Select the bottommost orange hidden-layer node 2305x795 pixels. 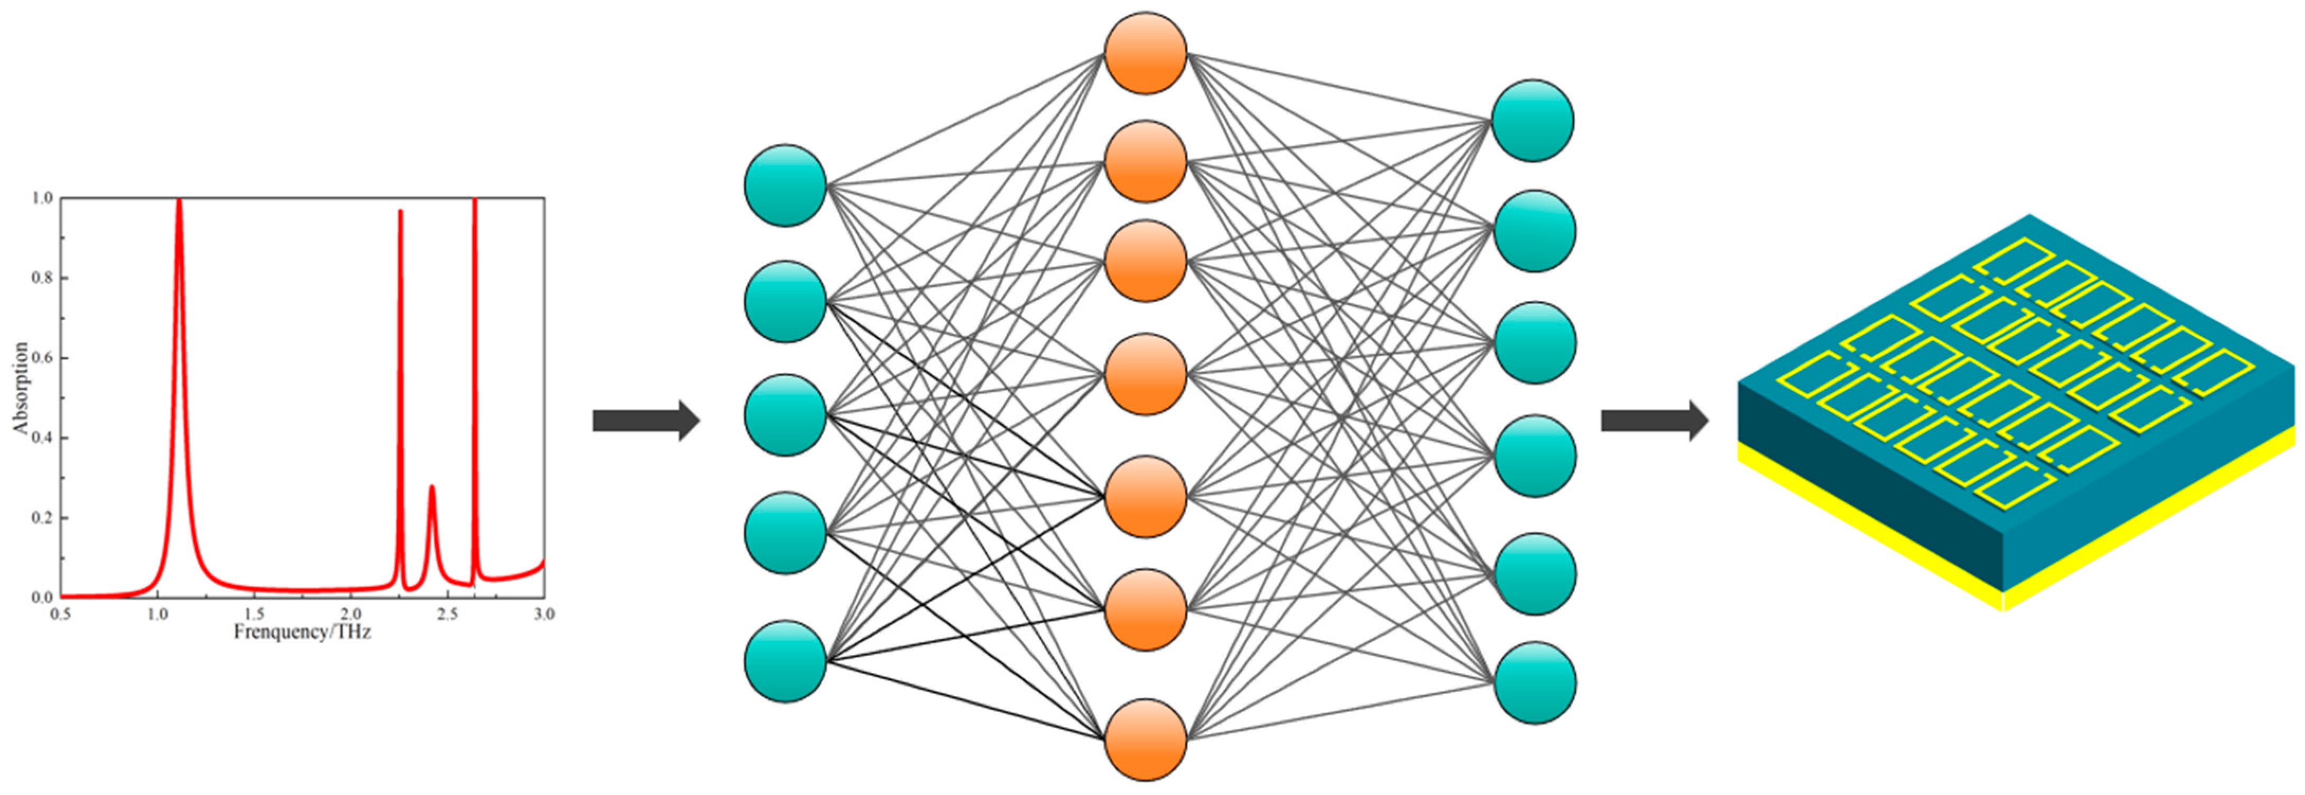point(1145,739)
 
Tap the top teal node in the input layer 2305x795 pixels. point(785,185)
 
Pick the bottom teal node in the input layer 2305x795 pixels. point(785,662)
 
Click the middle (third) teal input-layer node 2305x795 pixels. point(785,415)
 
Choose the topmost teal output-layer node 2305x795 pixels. point(1533,121)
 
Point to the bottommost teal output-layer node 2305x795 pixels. point(1535,682)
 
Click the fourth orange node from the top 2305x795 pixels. point(1145,374)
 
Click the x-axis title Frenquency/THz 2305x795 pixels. point(302,632)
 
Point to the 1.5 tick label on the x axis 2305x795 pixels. point(254,614)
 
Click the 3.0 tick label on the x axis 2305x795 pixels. point(543,614)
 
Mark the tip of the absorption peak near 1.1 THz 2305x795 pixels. point(179,202)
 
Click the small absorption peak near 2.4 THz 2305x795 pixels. point(432,487)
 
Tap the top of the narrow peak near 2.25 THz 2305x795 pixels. point(400,211)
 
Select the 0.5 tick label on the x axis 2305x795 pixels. point(61,614)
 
